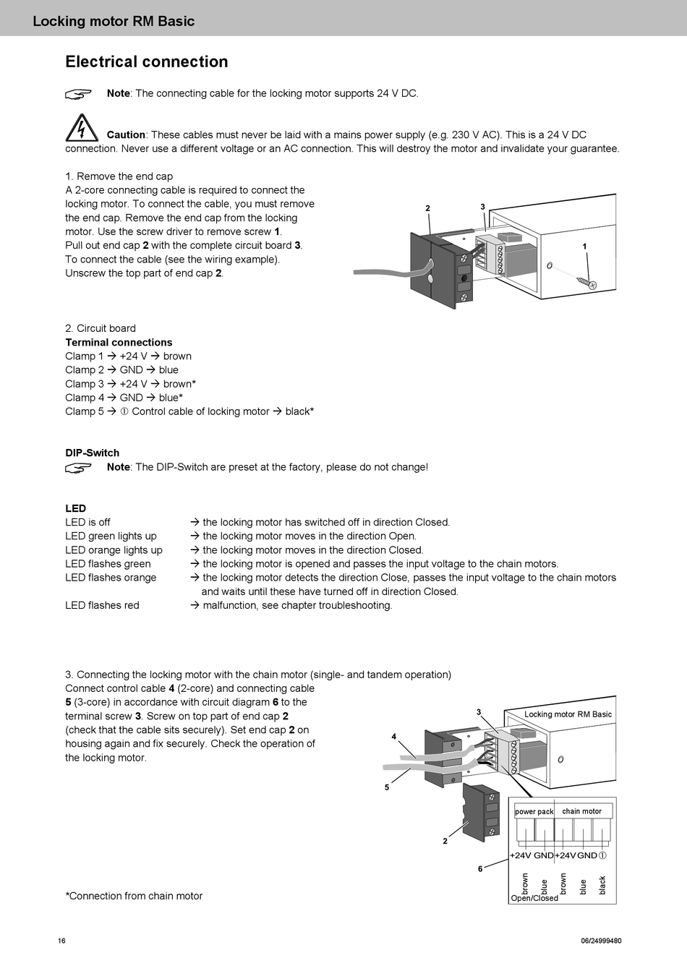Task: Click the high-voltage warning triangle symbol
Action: [81, 127]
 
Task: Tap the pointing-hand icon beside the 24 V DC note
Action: [78, 93]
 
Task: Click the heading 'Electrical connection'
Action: [147, 62]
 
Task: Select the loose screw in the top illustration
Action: [586, 282]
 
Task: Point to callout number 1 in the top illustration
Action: [584, 247]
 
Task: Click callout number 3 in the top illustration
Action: [482, 207]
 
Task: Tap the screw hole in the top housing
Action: [550, 265]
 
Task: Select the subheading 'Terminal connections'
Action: [119, 343]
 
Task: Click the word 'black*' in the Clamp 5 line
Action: [299, 411]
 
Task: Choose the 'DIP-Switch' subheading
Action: [93, 453]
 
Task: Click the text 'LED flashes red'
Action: [102, 605]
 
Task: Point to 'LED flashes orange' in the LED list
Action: [111, 578]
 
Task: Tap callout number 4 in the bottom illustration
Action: [394, 737]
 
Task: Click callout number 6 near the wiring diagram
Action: [480, 868]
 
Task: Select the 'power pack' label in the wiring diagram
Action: [534, 812]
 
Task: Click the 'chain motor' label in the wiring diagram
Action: [581, 811]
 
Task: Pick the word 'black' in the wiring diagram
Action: [602, 885]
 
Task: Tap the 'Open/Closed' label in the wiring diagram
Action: [534, 899]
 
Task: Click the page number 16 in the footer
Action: [61, 941]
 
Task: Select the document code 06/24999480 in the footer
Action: [600, 941]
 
